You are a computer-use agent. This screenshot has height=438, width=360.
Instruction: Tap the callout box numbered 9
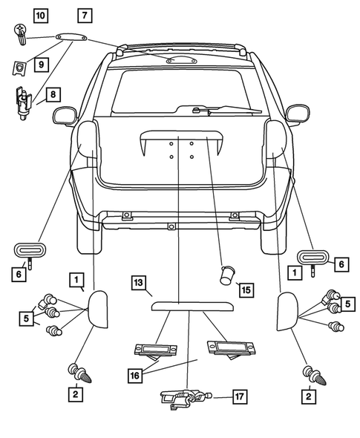(41, 65)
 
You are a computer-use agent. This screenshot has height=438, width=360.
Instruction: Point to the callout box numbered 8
(53, 94)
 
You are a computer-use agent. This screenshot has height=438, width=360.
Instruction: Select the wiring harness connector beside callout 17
(183, 400)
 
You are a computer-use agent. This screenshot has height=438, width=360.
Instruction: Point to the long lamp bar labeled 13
(189, 304)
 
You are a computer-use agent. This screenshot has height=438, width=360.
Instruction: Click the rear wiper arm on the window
(223, 112)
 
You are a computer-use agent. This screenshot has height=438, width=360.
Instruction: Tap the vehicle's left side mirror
(66, 114)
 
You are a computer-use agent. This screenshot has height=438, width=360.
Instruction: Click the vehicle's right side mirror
(296, 114)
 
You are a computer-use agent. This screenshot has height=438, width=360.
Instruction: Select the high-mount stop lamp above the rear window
(181, 60)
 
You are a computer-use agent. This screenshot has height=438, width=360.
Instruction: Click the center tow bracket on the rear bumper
(171, 226)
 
